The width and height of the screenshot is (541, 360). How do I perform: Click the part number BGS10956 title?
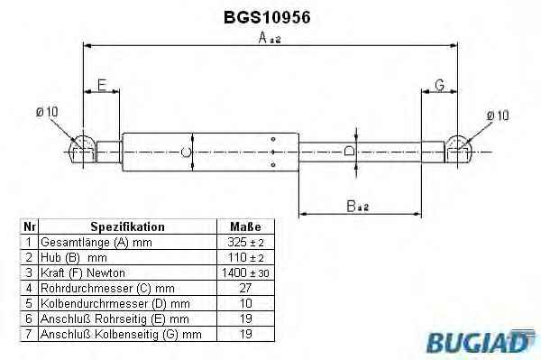tap(267, 17)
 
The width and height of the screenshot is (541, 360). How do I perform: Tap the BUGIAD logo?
tap(481, 341)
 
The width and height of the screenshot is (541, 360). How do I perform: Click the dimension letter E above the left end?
tap(102, 85)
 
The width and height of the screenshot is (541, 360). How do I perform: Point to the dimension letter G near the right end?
tap(440, 85)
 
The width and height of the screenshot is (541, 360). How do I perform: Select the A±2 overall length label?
tap(270, 38)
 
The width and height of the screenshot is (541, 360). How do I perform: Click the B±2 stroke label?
tap(357, 206)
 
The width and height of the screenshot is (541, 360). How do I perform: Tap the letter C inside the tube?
tap(186, 152)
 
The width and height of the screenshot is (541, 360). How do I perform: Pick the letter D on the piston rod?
tap(350, 151)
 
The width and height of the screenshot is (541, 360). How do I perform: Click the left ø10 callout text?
tap(47, 112)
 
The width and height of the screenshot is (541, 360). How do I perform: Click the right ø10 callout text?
tap(498, 115)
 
